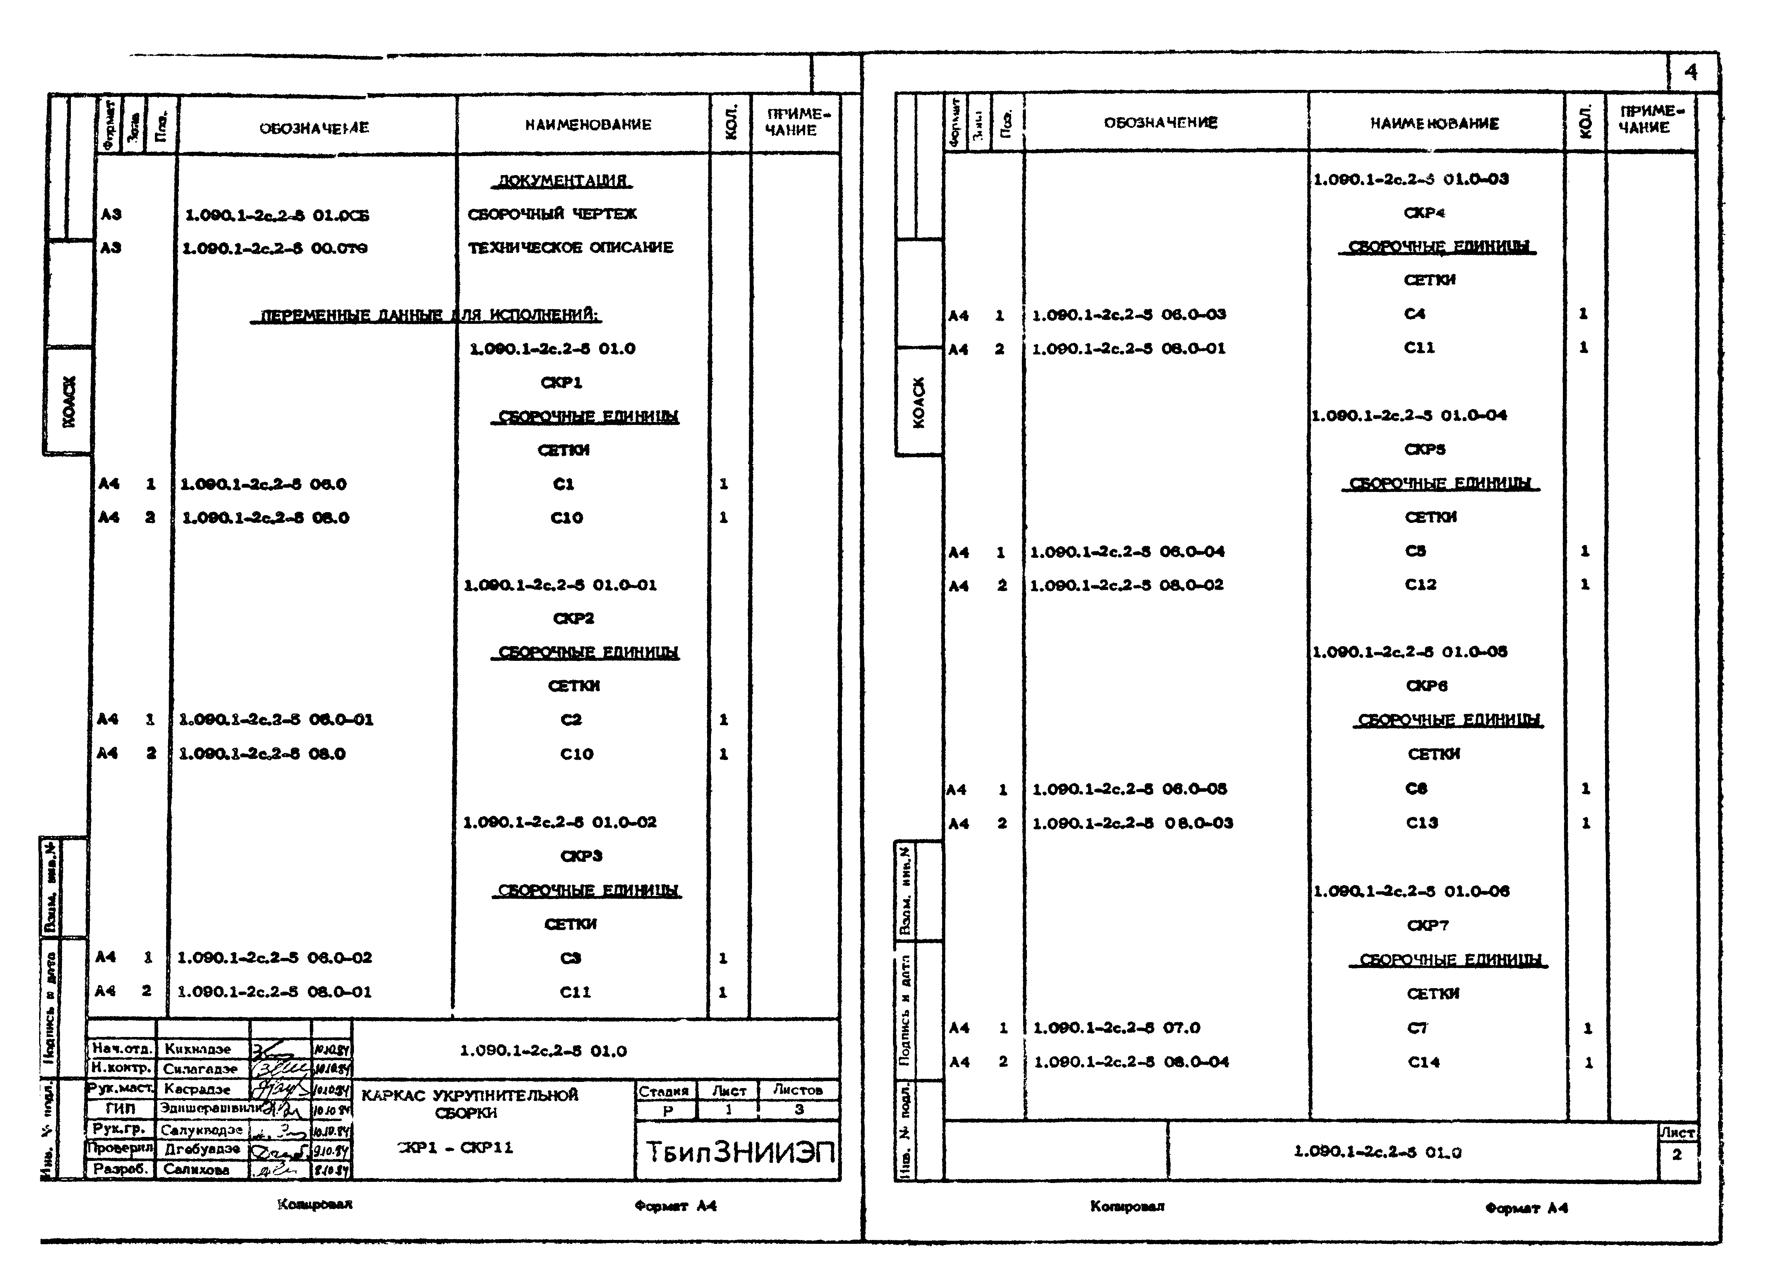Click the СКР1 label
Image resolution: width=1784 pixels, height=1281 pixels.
coord(561,382)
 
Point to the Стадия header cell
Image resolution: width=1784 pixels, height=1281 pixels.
coord(663,1090)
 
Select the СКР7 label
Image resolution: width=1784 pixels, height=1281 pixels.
coord(1427,925)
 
